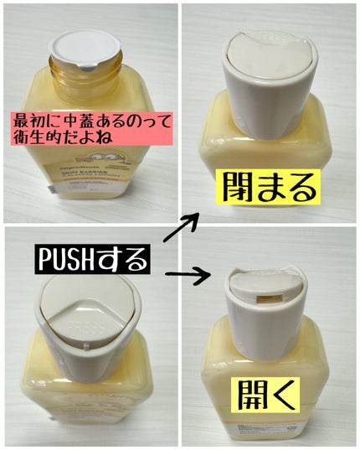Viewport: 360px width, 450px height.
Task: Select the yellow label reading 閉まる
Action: [267, 188]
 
